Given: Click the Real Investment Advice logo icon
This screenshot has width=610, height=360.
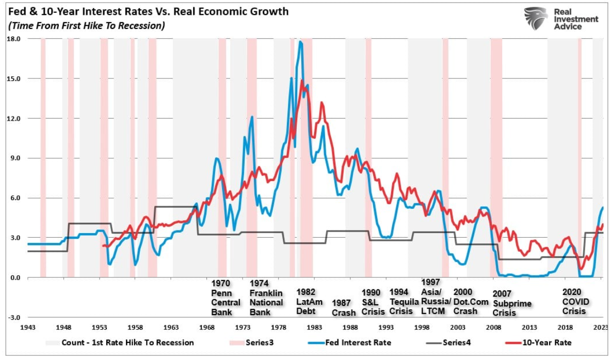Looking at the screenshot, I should click(x=536, y=18).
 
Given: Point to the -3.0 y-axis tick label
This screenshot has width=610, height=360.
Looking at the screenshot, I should click(x=13, y=317).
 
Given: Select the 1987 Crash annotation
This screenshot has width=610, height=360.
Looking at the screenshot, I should click(x=343, y=308).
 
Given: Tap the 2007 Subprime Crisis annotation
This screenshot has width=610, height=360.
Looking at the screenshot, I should click(x=511, y=303).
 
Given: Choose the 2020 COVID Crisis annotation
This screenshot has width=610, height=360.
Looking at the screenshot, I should click(x=574, y=301).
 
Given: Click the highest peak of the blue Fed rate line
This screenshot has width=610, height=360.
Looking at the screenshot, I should click(x=300, y=42).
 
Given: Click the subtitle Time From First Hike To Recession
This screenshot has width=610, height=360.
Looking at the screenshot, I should click(x=87, y=26).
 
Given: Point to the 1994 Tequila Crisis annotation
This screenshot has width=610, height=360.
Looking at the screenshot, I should click(x=401, y=301).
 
